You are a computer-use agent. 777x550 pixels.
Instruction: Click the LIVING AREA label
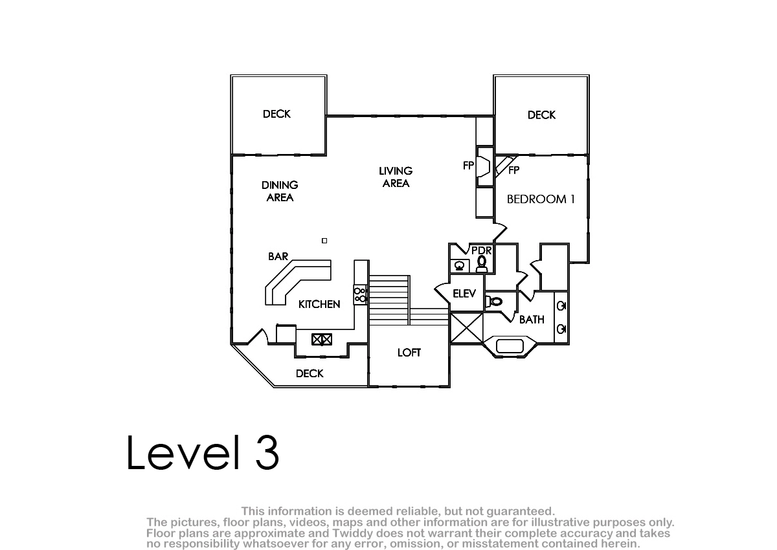[396, 177]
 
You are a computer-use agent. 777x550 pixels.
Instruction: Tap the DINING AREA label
[280, 192]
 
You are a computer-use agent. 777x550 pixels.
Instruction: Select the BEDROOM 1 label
[541, 199]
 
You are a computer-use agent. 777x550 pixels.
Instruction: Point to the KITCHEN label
[319, 304]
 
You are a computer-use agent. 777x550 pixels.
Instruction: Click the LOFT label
[409, 353]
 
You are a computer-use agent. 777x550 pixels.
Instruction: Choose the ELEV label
[464, 294]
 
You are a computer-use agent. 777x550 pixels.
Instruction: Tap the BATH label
[532, 320]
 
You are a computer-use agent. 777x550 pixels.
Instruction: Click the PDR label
[482, 250]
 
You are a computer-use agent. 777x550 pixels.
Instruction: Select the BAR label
[278, 256]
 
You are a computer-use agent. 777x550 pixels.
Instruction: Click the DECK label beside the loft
[310, 373]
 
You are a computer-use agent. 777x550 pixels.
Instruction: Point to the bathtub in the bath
[510, 346]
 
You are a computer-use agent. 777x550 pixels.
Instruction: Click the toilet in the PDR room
[482, 265]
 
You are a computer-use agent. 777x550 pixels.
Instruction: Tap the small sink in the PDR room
[460, 266]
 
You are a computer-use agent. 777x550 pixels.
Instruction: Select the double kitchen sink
[322, 339]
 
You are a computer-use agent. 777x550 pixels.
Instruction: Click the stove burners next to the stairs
[361, 294]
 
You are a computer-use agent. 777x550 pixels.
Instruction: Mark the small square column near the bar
[324, 241]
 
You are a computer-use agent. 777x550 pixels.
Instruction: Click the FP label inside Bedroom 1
[513, 170]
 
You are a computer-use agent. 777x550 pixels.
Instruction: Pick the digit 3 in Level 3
[267, 452]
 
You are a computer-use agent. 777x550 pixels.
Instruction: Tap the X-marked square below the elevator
[467, 328]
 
